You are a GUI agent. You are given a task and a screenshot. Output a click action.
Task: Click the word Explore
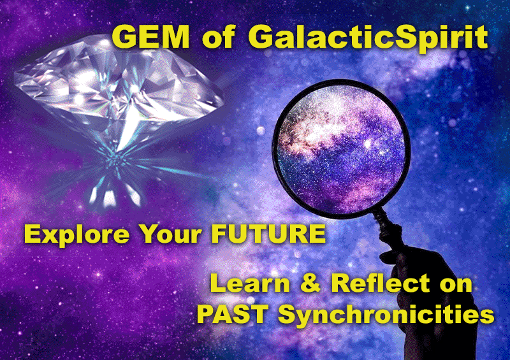[76, 234]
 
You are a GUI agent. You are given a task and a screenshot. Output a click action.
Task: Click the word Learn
[249, 283]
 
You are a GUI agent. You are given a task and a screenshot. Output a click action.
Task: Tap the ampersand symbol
[310, 283]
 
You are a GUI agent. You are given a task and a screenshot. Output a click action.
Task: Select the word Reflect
[381, 283]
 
